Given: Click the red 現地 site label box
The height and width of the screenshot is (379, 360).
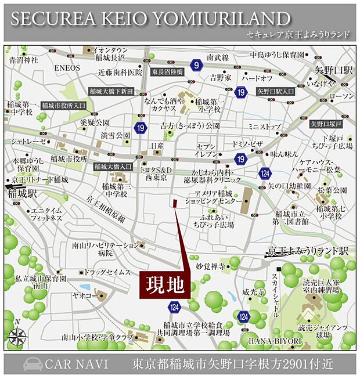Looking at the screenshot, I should point(165,285).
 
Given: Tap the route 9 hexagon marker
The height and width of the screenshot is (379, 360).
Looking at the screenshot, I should point(197,65).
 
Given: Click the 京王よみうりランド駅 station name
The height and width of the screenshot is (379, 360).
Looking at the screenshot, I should point(308,251).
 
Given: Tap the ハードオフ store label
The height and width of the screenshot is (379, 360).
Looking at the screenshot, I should point(257,78).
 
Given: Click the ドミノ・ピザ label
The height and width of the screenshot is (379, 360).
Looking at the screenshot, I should point(248,142).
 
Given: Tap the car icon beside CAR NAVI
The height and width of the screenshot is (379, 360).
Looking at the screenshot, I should point(32,364).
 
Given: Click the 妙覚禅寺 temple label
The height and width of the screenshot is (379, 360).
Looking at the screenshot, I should point(210,266).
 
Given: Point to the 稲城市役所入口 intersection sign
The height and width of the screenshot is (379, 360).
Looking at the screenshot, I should point(61,105).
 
